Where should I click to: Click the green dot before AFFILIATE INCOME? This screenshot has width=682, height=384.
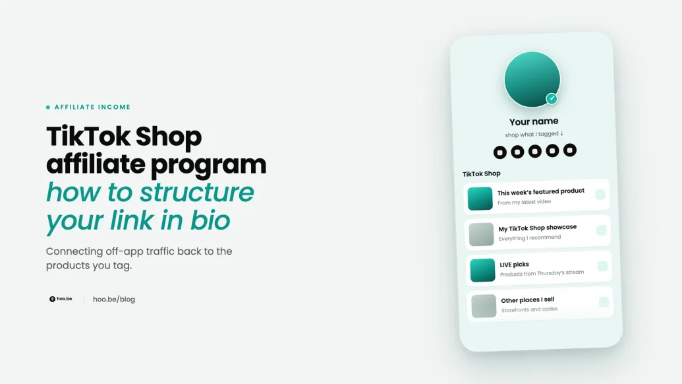48,107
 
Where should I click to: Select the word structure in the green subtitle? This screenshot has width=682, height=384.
196,192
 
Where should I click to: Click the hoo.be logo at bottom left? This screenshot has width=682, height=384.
61,299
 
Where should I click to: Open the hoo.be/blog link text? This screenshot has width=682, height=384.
114,299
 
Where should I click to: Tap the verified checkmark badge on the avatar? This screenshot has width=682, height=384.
552,99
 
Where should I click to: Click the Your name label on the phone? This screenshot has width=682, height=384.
534,121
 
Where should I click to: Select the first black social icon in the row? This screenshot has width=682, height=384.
499,152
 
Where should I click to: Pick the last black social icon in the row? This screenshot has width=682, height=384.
570,150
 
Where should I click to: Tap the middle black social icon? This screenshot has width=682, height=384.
535,151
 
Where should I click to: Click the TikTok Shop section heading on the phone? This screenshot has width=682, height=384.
482,174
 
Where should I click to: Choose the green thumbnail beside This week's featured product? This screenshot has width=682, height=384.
480,199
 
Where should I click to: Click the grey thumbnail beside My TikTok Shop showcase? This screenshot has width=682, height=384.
482,234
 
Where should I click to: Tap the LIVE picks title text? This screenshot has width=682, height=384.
514,265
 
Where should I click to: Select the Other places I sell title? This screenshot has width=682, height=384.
528,300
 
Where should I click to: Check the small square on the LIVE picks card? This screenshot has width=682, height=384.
602,266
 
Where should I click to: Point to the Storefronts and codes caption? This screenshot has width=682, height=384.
529,309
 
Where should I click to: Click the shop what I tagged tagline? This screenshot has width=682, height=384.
534,134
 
